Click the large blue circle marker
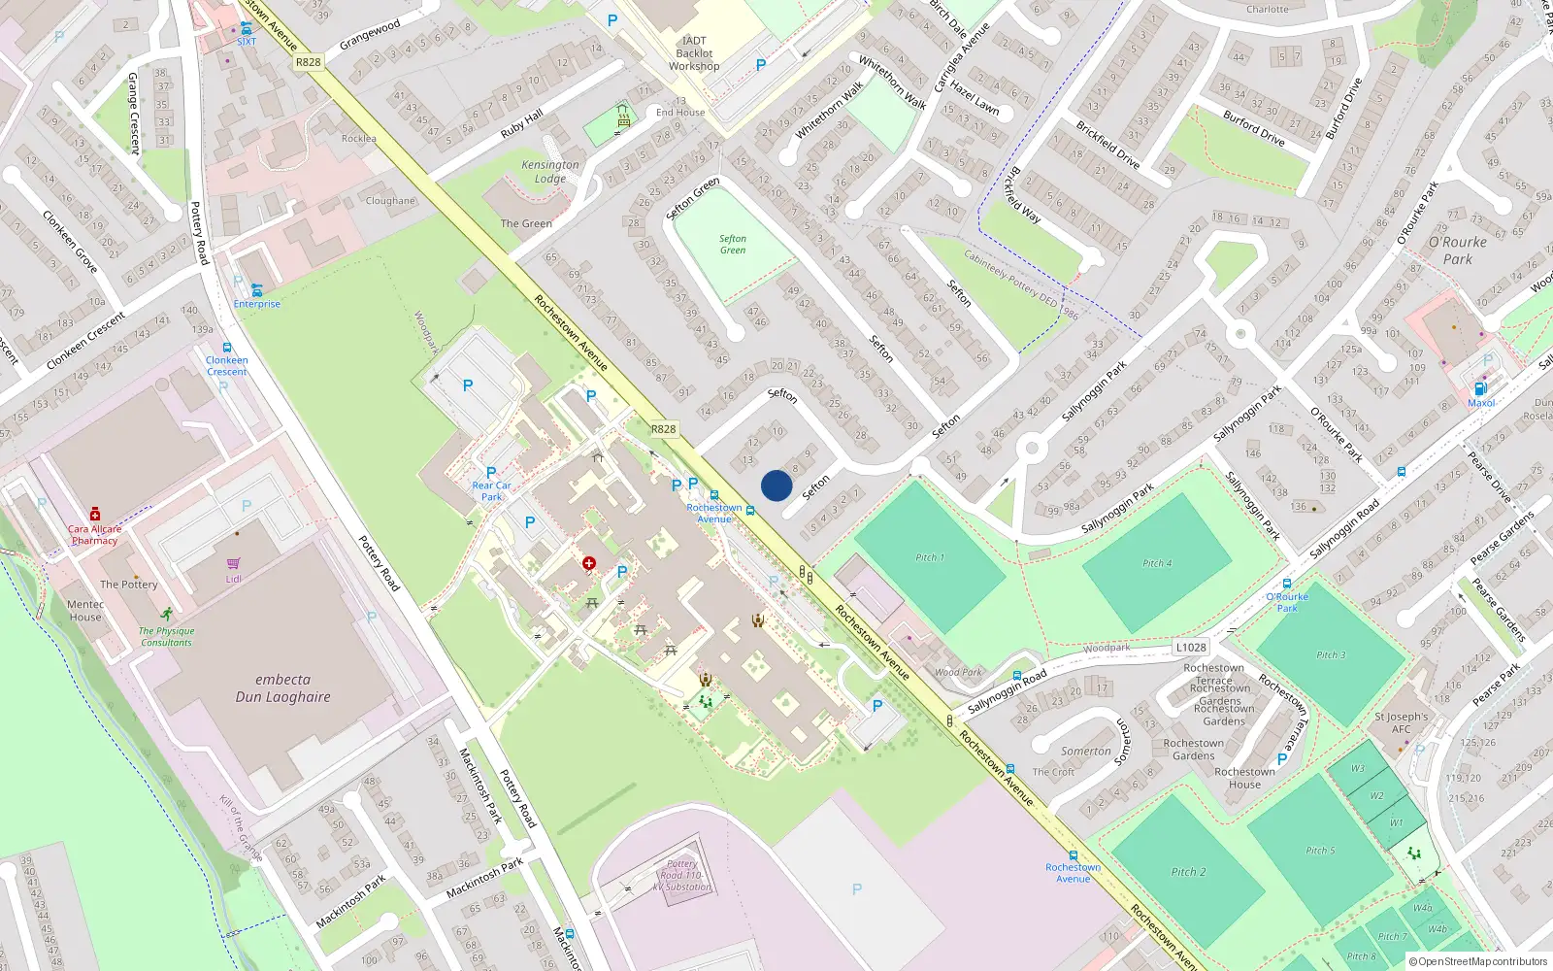click(x=776, y=485)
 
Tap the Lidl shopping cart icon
click(x=234, y=564)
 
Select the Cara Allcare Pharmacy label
click(x=94, y=535)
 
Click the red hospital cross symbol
click(x=589, y=563)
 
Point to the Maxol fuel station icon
click(x=1481, y=388)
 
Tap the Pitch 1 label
click(x=929, y=557)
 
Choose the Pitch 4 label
click(x=1157, y=563)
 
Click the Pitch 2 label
click(x=1188, y=872)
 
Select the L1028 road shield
click(x=1191, y=648)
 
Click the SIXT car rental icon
click(x=247, y=29)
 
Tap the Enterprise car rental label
click(x=256, y=304)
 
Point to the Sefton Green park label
click(x=733, y=244)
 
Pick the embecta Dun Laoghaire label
click(x=282, y=688)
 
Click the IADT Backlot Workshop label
click(x=694, y=53)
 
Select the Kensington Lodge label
click(x=549, y=172)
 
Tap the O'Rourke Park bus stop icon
click(x=1287, y=585)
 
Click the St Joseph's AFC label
click(x=1401, y=722)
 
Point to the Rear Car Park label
click(x=491, y=490)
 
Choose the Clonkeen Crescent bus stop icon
click(x=227, y=348)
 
